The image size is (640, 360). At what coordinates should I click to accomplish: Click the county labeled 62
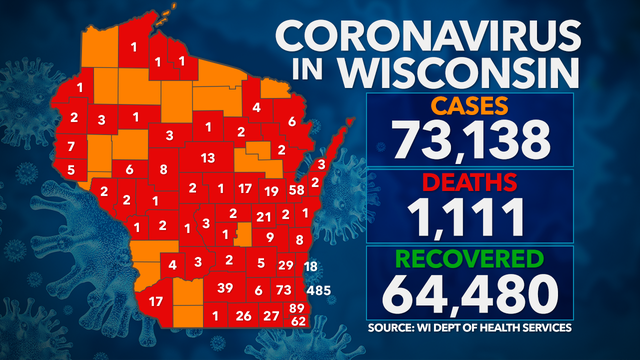297,321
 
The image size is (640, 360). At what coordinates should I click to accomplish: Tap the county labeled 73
283,288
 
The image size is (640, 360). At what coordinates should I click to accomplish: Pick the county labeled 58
296,189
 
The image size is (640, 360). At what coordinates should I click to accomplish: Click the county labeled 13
208,158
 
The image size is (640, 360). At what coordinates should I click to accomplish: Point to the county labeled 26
243,316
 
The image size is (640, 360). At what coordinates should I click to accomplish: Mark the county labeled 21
263,216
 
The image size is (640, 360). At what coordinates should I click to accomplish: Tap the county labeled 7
71,147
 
